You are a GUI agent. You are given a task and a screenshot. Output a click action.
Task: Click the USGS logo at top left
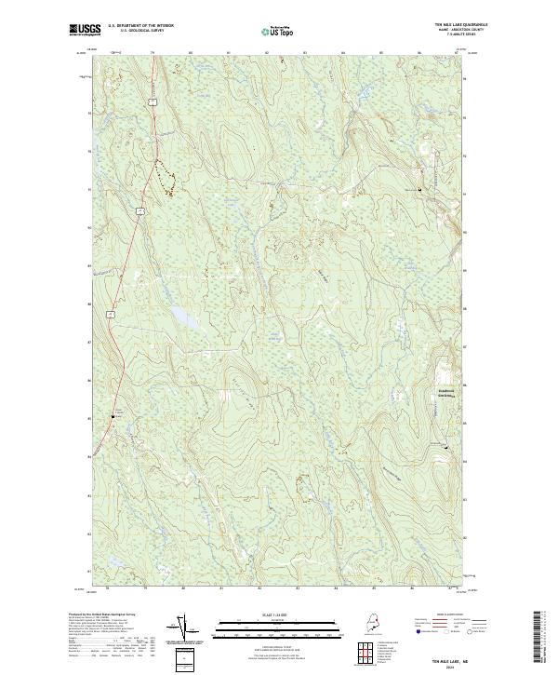pos(86,29)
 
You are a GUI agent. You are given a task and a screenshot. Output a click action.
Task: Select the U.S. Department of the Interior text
pos(140,25)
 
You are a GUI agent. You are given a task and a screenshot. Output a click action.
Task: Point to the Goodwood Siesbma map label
pos(450,393)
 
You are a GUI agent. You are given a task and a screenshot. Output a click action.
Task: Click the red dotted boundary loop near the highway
pos(165,178)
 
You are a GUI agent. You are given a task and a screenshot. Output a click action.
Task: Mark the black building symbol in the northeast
pos(419,190)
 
